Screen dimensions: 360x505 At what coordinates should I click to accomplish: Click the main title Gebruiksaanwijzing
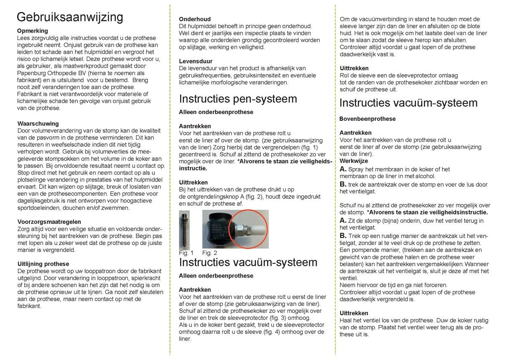click(70, 17)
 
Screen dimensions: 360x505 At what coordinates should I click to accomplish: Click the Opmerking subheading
click(33, 31)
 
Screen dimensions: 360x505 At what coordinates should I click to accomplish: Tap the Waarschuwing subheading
click(38, 124)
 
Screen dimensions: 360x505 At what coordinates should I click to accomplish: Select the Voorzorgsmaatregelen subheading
click(49, 222)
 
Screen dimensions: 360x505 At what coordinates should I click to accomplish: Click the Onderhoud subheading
click(195, 19)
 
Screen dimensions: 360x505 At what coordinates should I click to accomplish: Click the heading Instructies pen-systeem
click(238, 99)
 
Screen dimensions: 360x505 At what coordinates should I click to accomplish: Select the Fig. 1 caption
click(186, 253)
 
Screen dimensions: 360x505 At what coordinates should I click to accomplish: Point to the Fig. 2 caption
click(210, 253)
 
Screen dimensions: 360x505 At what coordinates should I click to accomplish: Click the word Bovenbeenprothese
click(367, 119)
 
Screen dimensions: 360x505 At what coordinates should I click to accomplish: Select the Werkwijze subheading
click(354, 161)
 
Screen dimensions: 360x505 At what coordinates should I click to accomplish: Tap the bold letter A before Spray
click(343, 169)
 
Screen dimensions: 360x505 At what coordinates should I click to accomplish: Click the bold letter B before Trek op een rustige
click(343, 236)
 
